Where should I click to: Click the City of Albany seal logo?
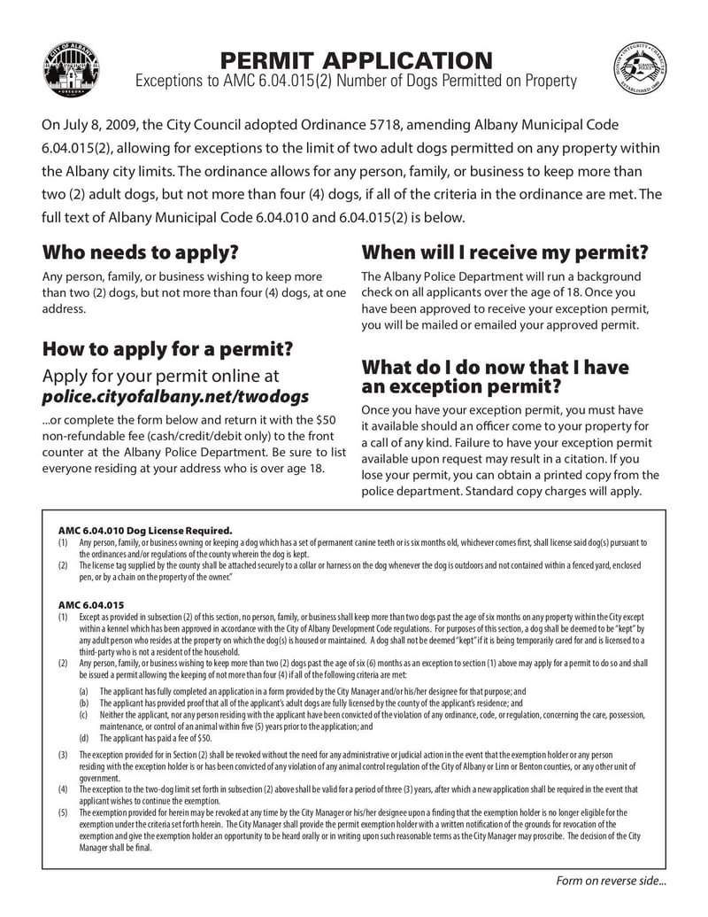71,69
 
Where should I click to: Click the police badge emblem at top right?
640,70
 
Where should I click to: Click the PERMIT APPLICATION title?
356,60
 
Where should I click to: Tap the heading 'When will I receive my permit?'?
504,253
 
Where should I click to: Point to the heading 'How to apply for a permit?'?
167,347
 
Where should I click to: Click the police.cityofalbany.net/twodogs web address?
176,396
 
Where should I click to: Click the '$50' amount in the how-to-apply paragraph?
326,418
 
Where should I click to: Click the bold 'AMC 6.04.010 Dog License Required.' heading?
145,530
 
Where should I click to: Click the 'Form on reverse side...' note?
611,881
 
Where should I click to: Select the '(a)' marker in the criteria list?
83,691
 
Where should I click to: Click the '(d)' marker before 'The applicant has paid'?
83,737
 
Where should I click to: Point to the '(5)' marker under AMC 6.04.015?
63,812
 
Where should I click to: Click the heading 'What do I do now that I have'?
495,367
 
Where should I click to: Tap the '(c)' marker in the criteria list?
83,714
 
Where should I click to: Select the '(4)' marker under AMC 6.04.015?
63,789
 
